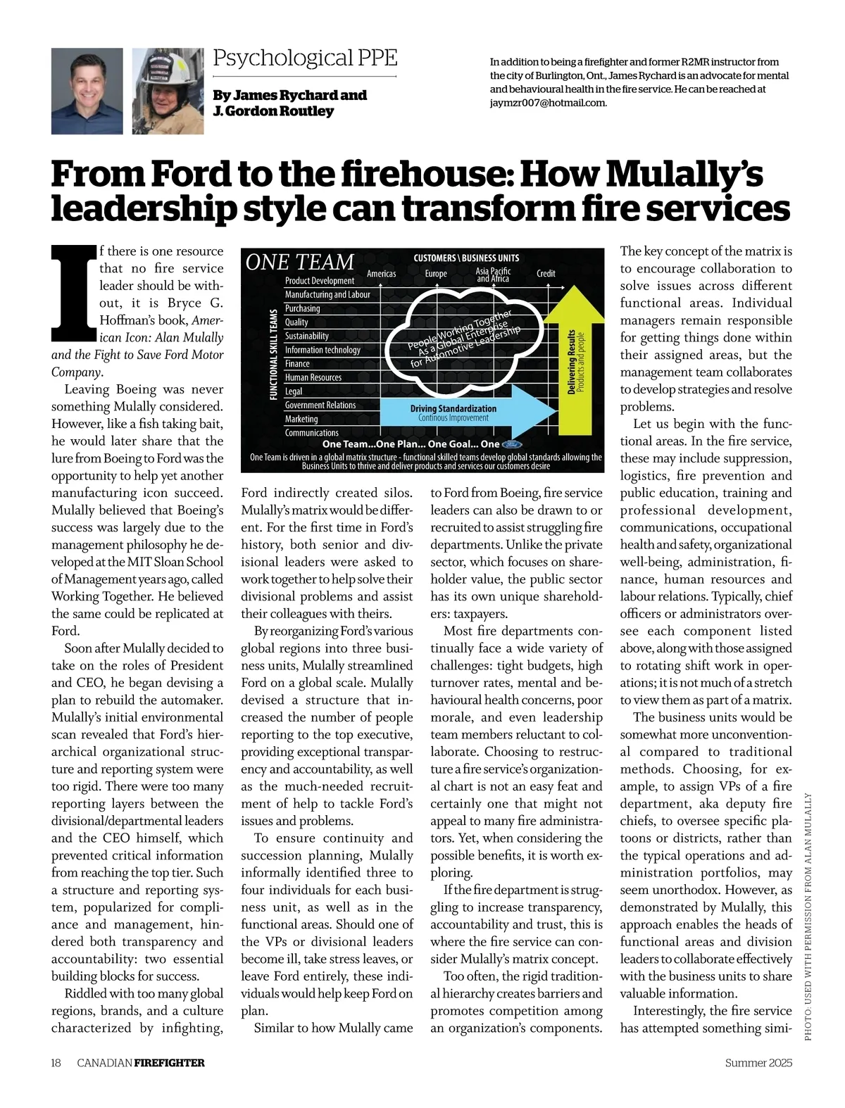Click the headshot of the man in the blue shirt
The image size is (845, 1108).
87,91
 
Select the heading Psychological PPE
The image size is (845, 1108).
305,58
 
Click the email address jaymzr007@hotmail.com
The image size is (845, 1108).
548,103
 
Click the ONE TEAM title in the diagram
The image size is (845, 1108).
299,263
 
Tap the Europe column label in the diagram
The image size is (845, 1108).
436,274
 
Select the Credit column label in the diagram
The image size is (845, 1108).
546,274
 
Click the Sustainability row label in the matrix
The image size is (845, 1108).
306,336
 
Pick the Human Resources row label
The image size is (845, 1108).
313,377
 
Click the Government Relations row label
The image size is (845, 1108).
320,405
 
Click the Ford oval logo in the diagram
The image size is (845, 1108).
512,444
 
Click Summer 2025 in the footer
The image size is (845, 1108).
758,1063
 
